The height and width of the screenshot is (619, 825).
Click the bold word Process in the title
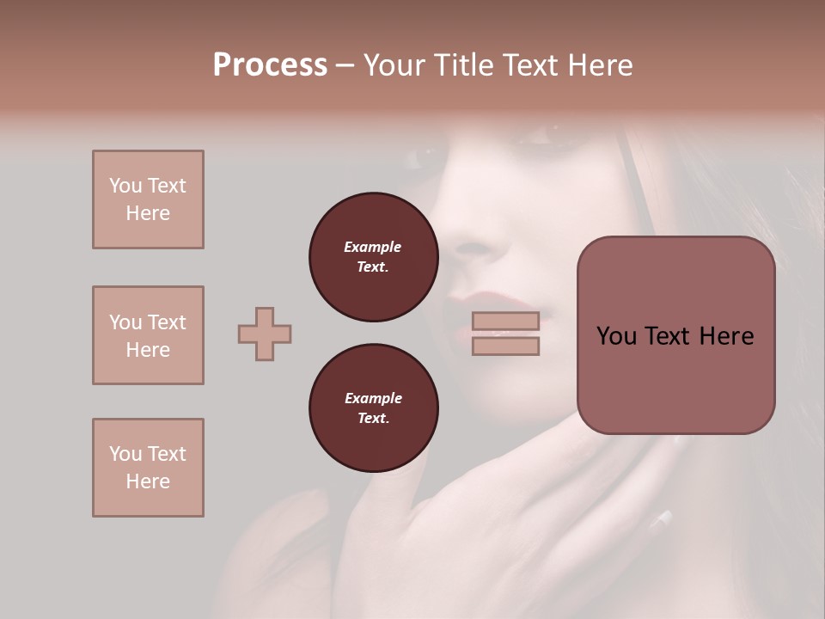[x=270, y=65]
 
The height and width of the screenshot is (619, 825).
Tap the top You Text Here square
[x=148, y=199]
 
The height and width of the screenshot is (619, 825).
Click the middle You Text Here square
[x=148, y=335]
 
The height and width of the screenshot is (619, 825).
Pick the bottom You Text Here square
[x=148, y=468]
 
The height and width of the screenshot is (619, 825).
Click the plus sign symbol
[x=265, y=334]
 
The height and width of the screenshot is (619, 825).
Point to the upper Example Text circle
[x=373, y=257]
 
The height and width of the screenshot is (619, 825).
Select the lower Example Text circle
[x=373, y=408]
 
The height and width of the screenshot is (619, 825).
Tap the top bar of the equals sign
[x=505, y=322]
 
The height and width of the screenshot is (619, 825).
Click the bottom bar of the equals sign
[x=505, y=346]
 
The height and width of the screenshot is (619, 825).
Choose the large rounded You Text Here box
[x=675, y=335]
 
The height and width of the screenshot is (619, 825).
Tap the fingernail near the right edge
[x=663, y=518]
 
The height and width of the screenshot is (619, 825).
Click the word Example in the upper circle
[x=373, y=247]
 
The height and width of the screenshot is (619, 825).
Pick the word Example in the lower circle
[x=373, y=398]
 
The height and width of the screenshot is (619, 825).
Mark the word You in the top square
[x=125, y=186]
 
